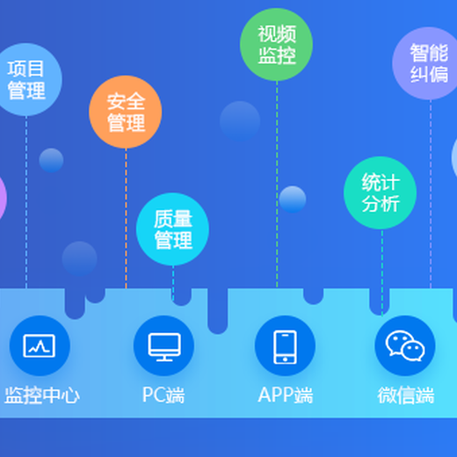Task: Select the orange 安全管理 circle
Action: click(x=126, y=112)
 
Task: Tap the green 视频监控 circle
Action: click(x=276, y=45)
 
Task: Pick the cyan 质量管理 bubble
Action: click(x=172, y=229)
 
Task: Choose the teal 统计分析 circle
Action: click(x=381, y=192)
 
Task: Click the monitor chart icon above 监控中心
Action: click(x=40, y=345)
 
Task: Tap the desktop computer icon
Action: click(x=164, y=347)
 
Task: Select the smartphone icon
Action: click(x=285, y=347)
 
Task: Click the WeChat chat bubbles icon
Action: click(x=405, y=345)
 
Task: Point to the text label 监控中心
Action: click(x=42, y=395)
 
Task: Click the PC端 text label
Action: click(x=163, y=395)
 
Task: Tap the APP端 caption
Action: click(x=286, y=395)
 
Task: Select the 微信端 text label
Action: click(x=406, y=395)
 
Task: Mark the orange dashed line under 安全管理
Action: click(x=127, y=219)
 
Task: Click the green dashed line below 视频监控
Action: click(x=277, y=185)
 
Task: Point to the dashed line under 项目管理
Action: click(x=26, y=202)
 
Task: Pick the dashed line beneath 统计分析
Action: click(x=382, y=273)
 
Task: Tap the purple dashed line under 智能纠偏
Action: click(x=431, y=194)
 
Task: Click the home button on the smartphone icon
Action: click(x=285, y=359)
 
